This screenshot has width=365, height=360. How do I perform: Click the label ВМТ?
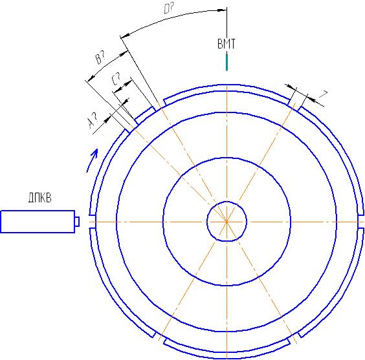coord(227,44)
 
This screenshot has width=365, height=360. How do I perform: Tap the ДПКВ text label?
coord(40,198)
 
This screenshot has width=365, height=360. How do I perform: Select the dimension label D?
coord(169,9)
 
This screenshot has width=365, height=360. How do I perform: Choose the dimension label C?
coord(116,79)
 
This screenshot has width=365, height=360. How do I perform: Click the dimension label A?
coord(93,120)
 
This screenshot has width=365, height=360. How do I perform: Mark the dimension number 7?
coord(324,94)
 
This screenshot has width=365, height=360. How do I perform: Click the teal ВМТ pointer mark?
coord(227,62)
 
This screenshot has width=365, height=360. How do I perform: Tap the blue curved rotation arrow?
coord(92,160)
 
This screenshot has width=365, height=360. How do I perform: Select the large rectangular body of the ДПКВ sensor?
coord(38,222)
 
